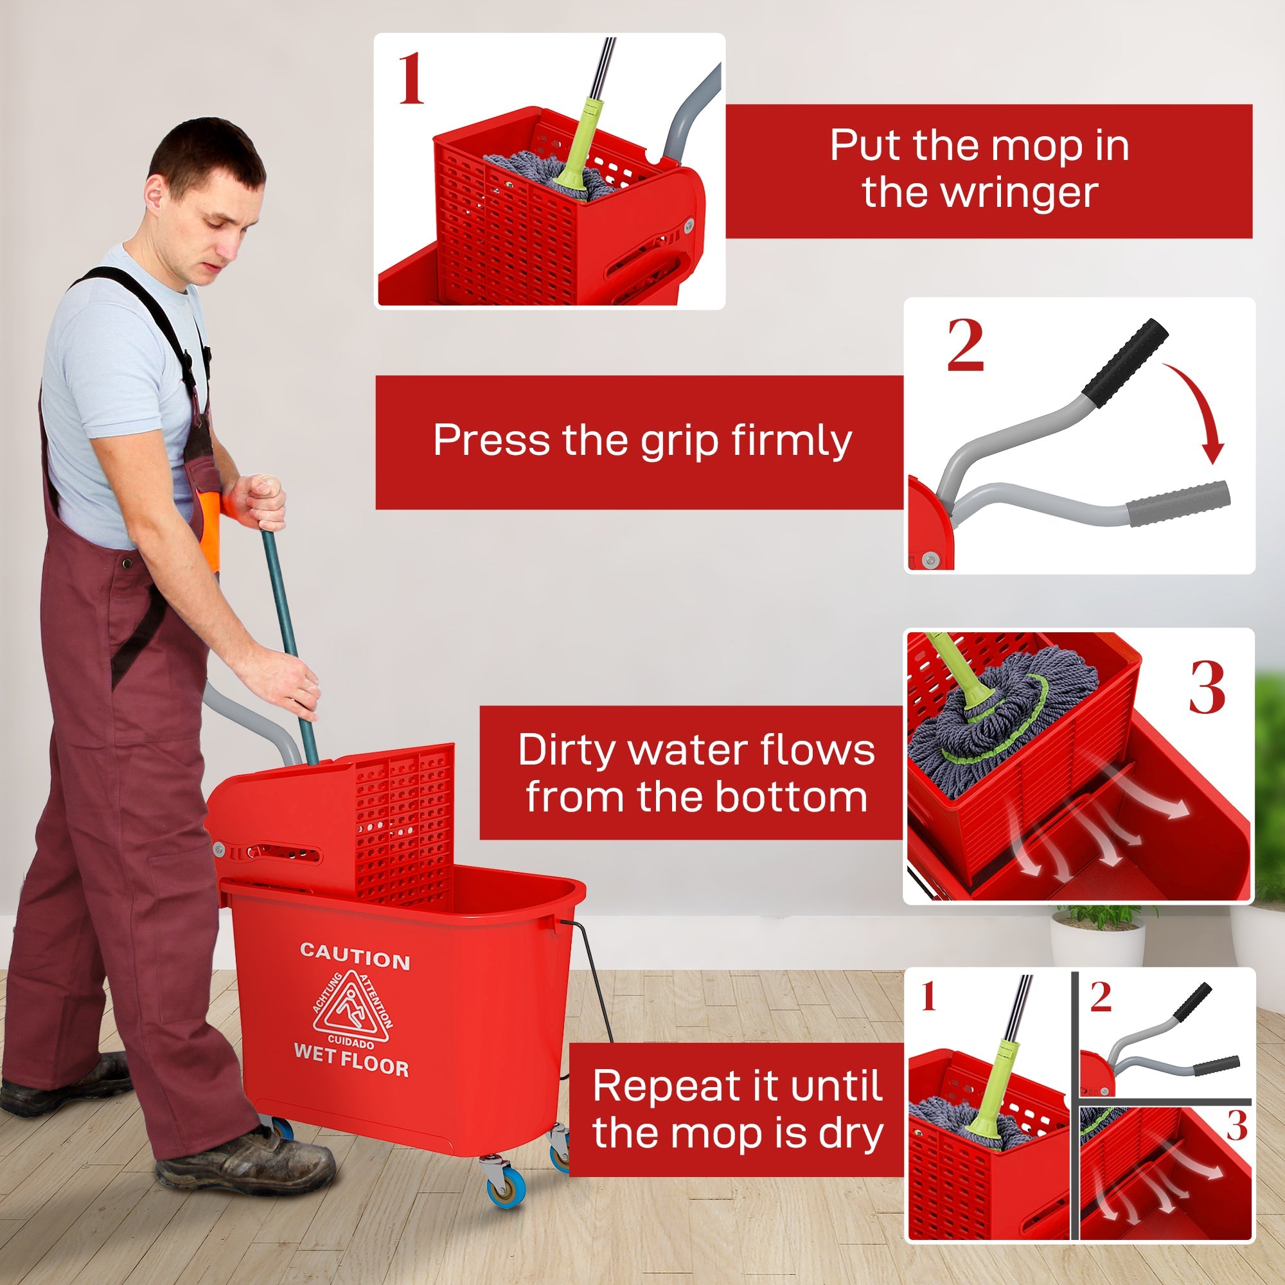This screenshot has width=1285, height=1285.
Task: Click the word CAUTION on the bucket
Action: click(x=355, y=956)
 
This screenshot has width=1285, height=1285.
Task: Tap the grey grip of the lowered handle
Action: click(x=1178, y=504)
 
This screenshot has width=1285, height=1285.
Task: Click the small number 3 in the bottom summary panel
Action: click(x=1236, y=1127)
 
